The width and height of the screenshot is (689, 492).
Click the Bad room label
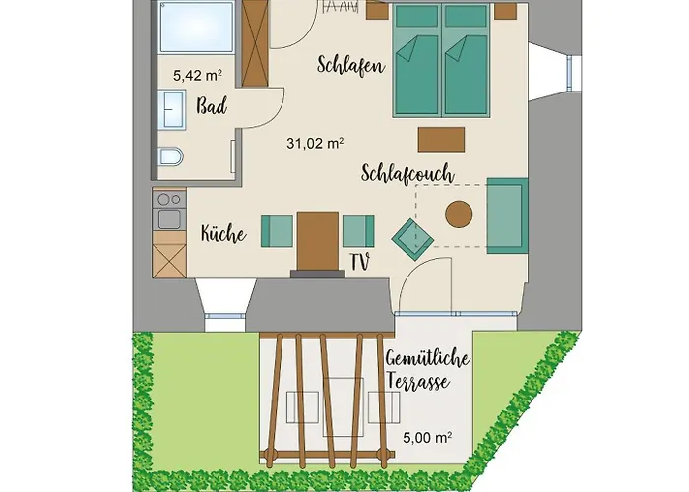(x=213, y=106)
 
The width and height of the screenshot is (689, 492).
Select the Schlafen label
(x=350, y=66)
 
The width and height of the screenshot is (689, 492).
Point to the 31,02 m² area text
(x=314, y=143)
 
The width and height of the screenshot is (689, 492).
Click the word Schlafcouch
(x=407, y=173)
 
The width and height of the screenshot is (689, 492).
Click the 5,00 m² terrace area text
(x=424, y=443)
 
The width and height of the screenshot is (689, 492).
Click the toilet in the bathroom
(x=169, y=157)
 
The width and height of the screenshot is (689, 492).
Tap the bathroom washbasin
(x=173, y=108)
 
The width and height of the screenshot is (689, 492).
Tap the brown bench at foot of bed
(x=441, y=137)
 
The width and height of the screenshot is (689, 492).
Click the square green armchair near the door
(x=412, y=236)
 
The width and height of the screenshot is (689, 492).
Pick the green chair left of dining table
(x=277, y=231)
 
